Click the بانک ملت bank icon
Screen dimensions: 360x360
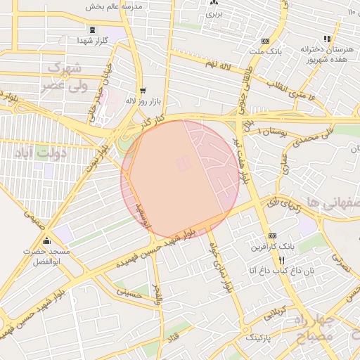point(264,41)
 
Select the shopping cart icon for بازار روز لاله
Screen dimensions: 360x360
point(143,91)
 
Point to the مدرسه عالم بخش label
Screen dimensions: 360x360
point(114,6)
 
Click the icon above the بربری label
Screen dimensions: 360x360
point(214,3)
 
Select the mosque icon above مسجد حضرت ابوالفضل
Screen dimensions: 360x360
point(46,241)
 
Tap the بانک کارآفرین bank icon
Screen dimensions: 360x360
point(273,236)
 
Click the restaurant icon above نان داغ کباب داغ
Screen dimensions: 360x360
point(281,259)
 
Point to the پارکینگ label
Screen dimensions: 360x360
point(262,338)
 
